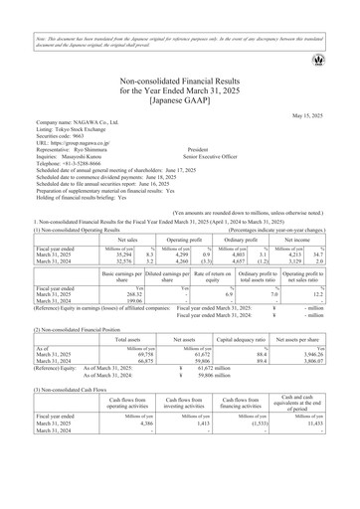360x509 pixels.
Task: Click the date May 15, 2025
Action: [x=323, y=115]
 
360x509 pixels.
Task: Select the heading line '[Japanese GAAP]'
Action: [x=179, y=99]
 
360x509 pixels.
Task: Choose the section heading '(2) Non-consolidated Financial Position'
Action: [x=64, y=368]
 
